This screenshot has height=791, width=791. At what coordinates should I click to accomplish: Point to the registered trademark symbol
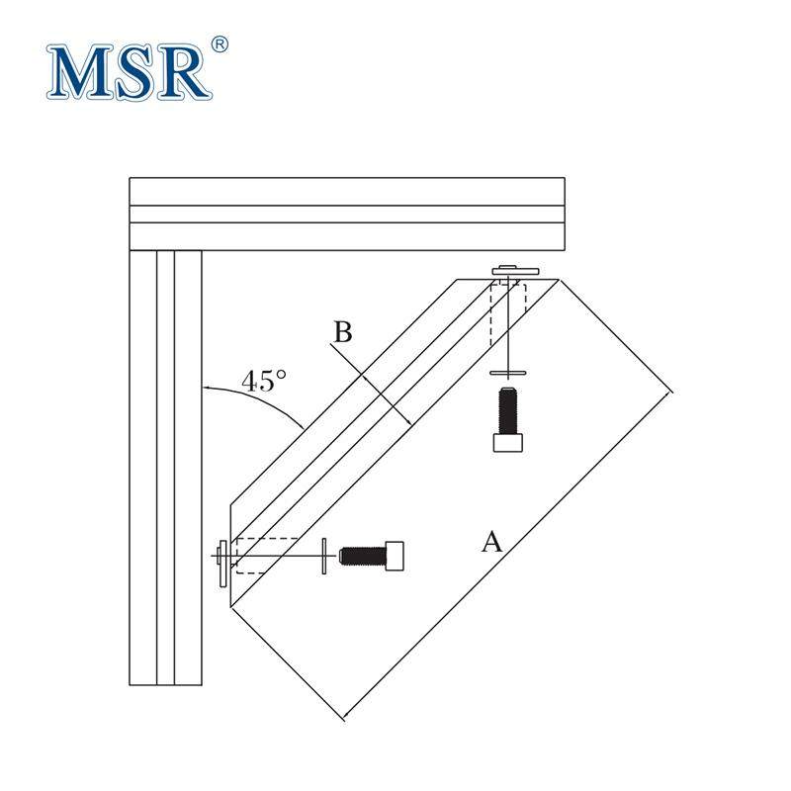coord(220,44)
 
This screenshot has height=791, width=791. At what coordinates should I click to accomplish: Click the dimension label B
coord(342,332)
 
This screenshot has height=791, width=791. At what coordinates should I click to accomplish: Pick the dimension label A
coord(491,541)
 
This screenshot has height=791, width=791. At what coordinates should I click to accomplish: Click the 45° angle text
coord(264,382)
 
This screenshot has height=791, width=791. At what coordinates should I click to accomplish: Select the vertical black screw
coord(507,419)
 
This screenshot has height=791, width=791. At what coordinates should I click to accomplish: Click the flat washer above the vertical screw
coord(508,373)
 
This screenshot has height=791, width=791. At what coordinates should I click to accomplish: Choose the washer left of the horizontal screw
coord(324,557)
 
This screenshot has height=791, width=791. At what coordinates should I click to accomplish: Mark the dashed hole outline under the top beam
coord(508,312)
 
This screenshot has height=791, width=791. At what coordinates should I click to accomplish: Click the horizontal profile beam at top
coord(346,213)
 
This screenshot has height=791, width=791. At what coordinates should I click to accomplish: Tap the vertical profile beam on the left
coord(166,465)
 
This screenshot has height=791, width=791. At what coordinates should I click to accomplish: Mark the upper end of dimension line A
coord(671,393)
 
